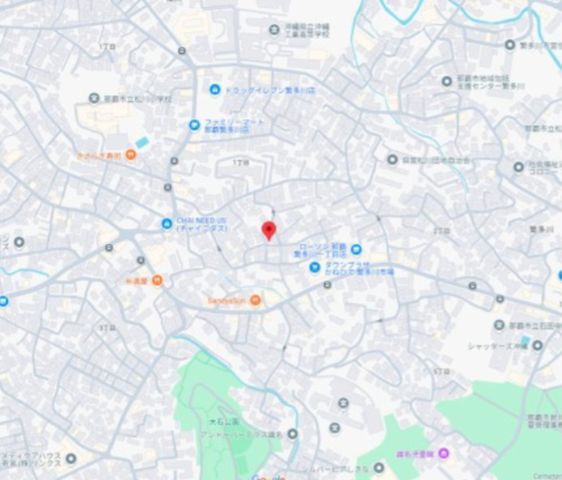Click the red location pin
269,230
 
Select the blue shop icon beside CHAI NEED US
166,224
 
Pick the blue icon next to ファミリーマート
195,125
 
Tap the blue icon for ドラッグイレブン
214,89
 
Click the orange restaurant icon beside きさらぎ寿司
130,155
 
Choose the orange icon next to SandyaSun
256,300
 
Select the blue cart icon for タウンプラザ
315,266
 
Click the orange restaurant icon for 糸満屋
156,280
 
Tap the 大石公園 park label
219,421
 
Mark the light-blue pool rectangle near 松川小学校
143,142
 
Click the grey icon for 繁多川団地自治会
393,159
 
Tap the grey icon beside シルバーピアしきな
379,468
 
